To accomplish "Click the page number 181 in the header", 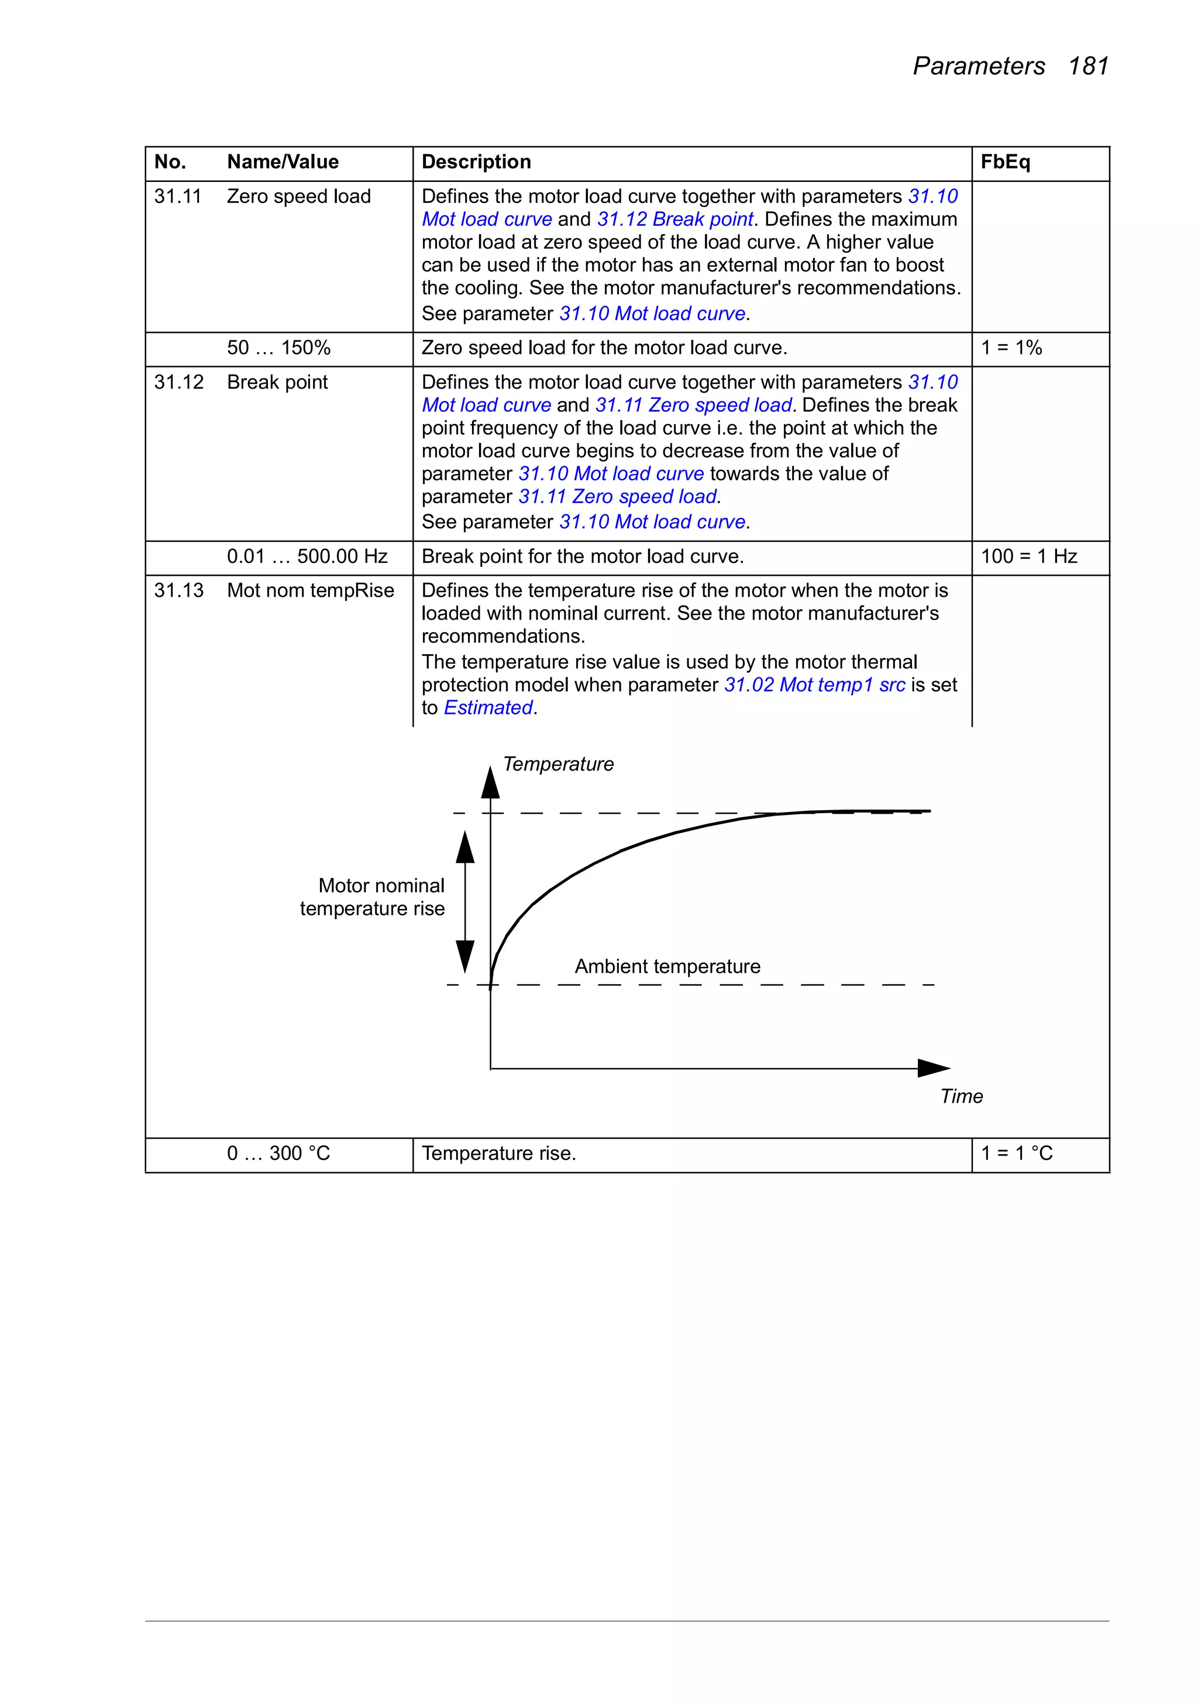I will click(x=1087, y=66).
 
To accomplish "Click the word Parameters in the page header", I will click(x=979, y=66).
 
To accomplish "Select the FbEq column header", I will click(x=1005, y=161).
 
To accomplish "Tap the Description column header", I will click(x=476, y=161).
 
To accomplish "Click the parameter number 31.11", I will click(x=178, y=197).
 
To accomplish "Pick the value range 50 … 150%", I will click(x=279, y=348).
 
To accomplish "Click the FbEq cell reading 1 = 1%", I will click(x=1011, y=348).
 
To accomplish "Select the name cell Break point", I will click(x=277, y=382).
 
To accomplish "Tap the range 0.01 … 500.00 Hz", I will click(x=307, y=556).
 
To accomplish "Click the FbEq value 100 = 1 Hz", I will click(x=1029, y=556).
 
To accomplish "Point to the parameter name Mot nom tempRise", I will click(x=311, y=590).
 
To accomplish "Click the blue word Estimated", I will click(x=488, y=708).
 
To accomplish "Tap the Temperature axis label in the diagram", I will click(x=559, y=764).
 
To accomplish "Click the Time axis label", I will click(x=961, y=1096).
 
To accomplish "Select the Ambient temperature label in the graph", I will click(x=667, y=966).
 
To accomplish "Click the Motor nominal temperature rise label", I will click(x=373, y=897).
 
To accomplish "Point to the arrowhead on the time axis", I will click(x=932, y=1068).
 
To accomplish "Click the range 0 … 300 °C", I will click(x=279, y=1154).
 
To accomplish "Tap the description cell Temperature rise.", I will click(x=498, y=1154).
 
